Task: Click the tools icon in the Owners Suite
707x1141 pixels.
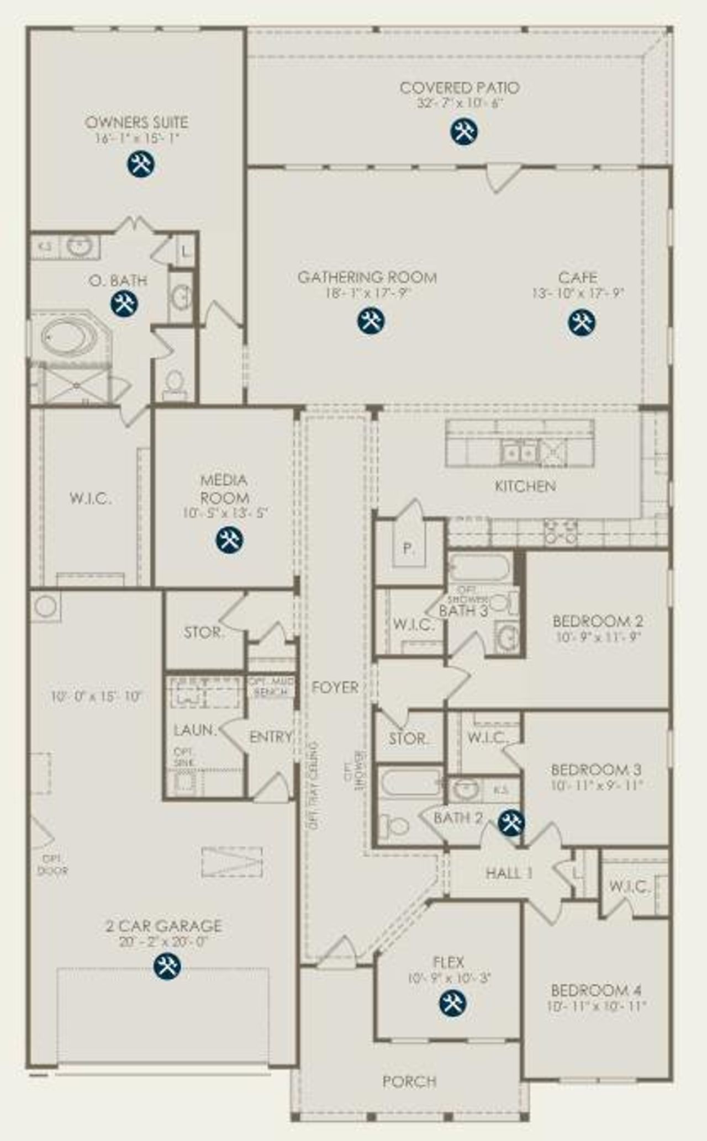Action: click(141, 164)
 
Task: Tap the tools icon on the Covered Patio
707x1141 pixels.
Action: click(464, 131)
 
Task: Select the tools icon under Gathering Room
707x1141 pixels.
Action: click(371, 321)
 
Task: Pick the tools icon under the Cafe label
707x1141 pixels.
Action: click(582, 322)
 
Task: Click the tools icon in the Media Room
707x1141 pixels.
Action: click(229, 539)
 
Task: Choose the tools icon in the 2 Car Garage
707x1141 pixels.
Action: click(167, 966)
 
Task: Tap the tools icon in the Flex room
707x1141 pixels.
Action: click(452, 1003)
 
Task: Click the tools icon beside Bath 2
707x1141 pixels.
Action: click(511, 822)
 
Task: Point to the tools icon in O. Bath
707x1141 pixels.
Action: click(124, 304)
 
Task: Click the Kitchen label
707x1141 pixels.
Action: click(525, 486)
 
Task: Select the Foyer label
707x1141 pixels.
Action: click(335, 687)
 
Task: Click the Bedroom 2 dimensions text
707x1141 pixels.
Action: click(598, 636)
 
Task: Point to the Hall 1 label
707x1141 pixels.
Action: click(509, 873)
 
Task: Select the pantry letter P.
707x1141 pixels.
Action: click(408, 548)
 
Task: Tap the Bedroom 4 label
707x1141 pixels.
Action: click(597, 990)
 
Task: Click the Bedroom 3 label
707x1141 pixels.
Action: click(596, 769)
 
